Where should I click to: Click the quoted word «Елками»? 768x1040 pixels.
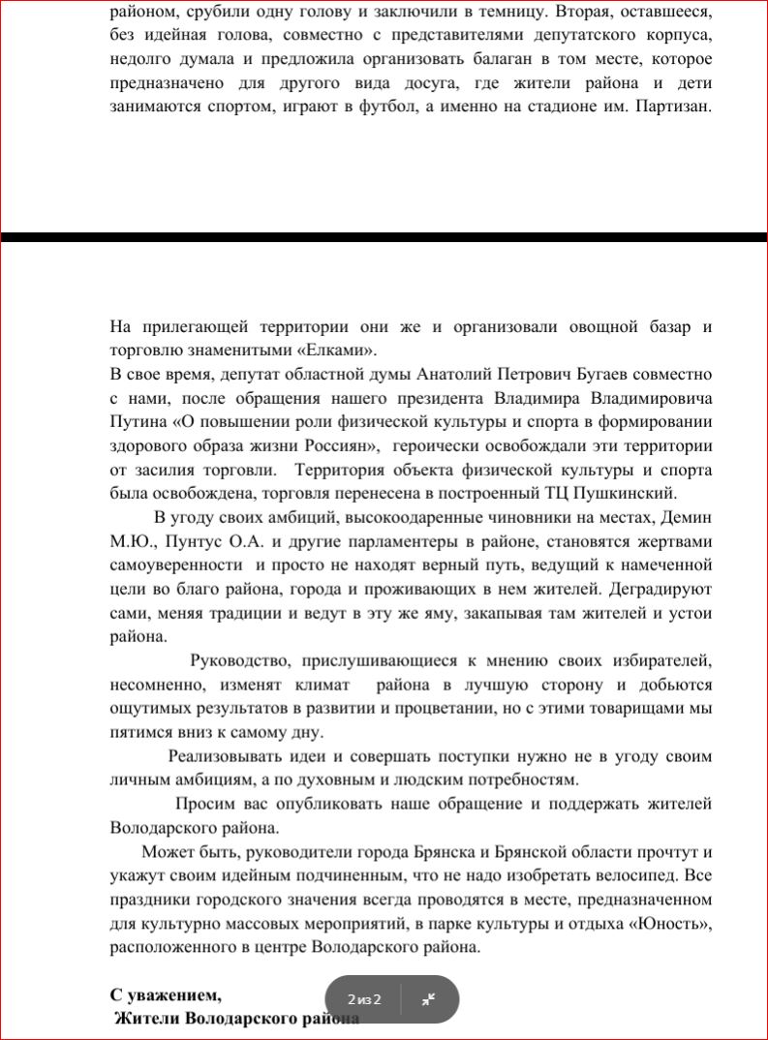334,350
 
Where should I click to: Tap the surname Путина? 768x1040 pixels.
138,422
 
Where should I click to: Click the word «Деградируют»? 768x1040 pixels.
659,588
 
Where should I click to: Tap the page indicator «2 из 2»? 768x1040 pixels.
364,999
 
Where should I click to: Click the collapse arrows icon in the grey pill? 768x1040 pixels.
428,999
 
